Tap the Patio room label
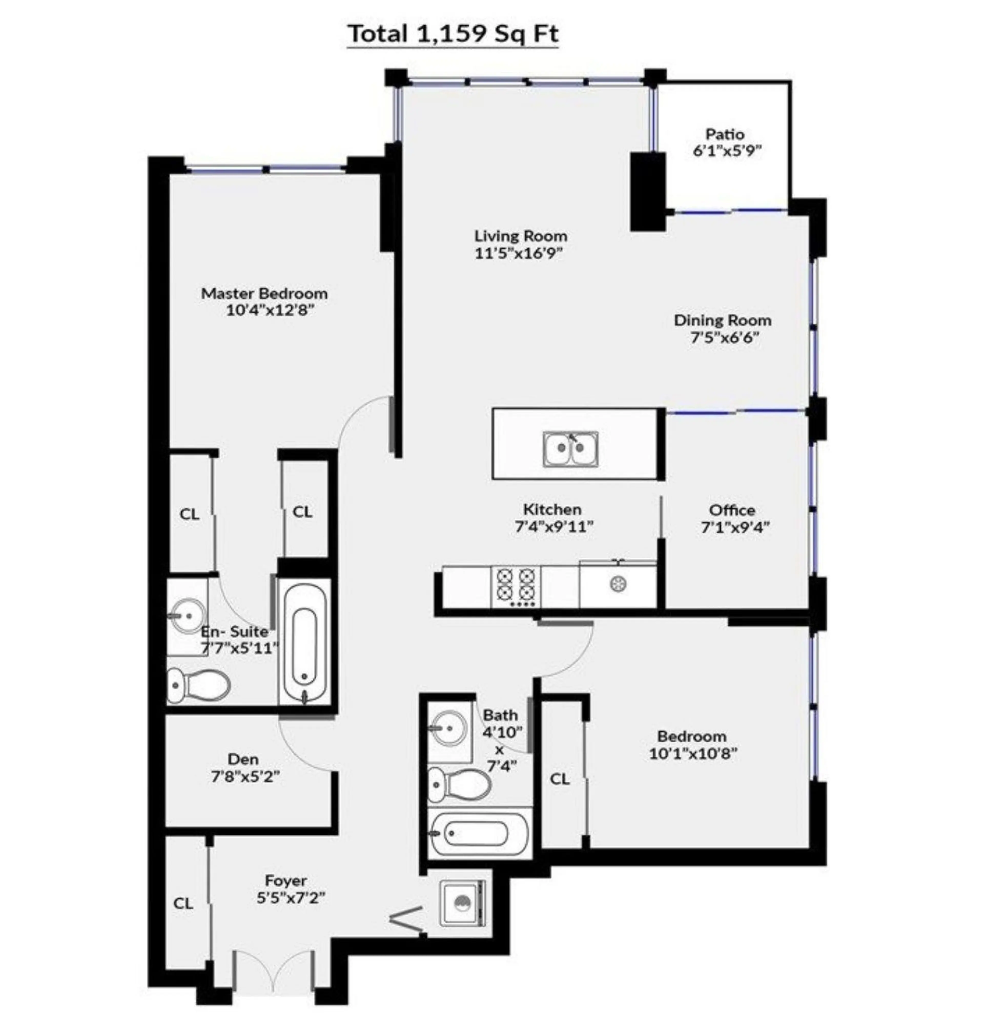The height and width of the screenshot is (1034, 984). tap(725, 134)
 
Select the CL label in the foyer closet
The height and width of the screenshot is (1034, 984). tap(183, 903)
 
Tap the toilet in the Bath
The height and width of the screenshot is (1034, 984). tap(460, 784)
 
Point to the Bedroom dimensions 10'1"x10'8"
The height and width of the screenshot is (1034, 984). tap(693, 753)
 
